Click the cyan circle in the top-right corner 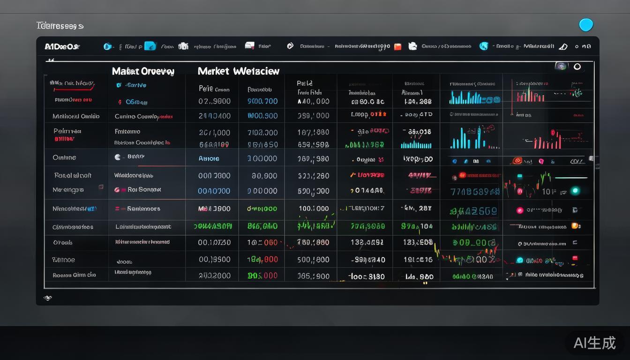[586, 25]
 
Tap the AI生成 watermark [594, 343]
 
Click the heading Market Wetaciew [238, 71]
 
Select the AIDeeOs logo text [62, 46]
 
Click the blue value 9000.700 [262, 101]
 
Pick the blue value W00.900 [262, 115]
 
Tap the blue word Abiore [209, 158]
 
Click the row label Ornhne [64, 157]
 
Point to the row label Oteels [63, 243]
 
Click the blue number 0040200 [214, 191]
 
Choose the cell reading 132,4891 [367, 243]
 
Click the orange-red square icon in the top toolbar [397, 46]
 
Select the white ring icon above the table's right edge [577, 67]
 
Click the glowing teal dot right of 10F [575, 191]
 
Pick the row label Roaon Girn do [74, 275]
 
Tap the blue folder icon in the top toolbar [150, 46]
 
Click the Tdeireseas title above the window [60, 26]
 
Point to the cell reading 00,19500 [214, 259]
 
